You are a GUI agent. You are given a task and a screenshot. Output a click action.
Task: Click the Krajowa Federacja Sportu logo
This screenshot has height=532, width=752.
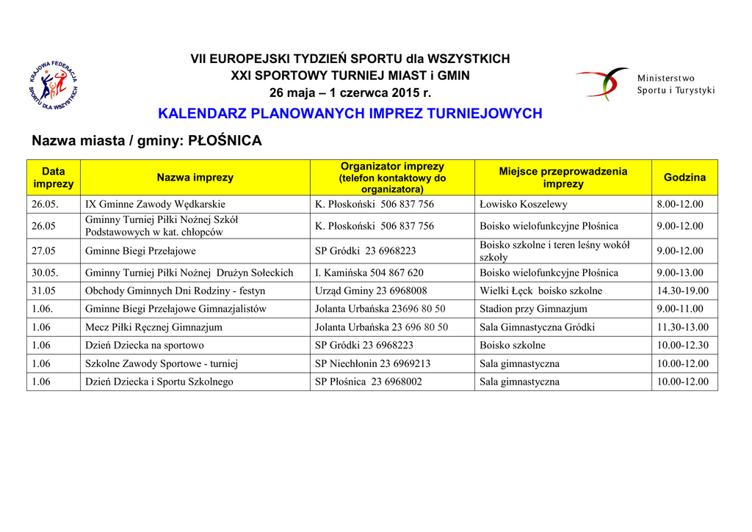(x=52, y=85)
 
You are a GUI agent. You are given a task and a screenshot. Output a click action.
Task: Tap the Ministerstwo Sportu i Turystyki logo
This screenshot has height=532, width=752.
(x=645, y=84)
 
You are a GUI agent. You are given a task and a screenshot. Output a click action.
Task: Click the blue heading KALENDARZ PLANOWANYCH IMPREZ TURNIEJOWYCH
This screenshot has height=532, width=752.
(x=350, y=114)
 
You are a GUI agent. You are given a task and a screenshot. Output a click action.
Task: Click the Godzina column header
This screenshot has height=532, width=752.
(x=684, y=178)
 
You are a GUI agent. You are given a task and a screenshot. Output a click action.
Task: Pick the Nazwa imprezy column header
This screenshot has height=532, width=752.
(x=195, y=178)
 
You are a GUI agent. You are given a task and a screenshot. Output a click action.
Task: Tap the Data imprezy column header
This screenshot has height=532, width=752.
(x=53, y=178)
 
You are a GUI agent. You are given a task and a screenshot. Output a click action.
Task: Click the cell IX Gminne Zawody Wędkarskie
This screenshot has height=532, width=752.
(x=156, y=205)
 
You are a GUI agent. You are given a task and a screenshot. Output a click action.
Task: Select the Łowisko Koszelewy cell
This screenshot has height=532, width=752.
(x=523, y=205)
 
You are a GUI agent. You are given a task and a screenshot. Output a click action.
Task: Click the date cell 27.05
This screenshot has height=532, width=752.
(x=43, y=251)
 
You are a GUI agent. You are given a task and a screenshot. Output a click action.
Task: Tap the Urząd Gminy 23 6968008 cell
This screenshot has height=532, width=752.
(x=371, y=291)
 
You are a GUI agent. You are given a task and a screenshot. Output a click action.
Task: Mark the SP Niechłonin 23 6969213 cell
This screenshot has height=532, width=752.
(x=372, y=363)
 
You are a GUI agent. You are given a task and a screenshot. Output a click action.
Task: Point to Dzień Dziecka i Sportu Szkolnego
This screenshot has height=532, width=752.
(x=159, y=382)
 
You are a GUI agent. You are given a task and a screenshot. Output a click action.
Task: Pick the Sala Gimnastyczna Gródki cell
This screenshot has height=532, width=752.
(x=537, y=327)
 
